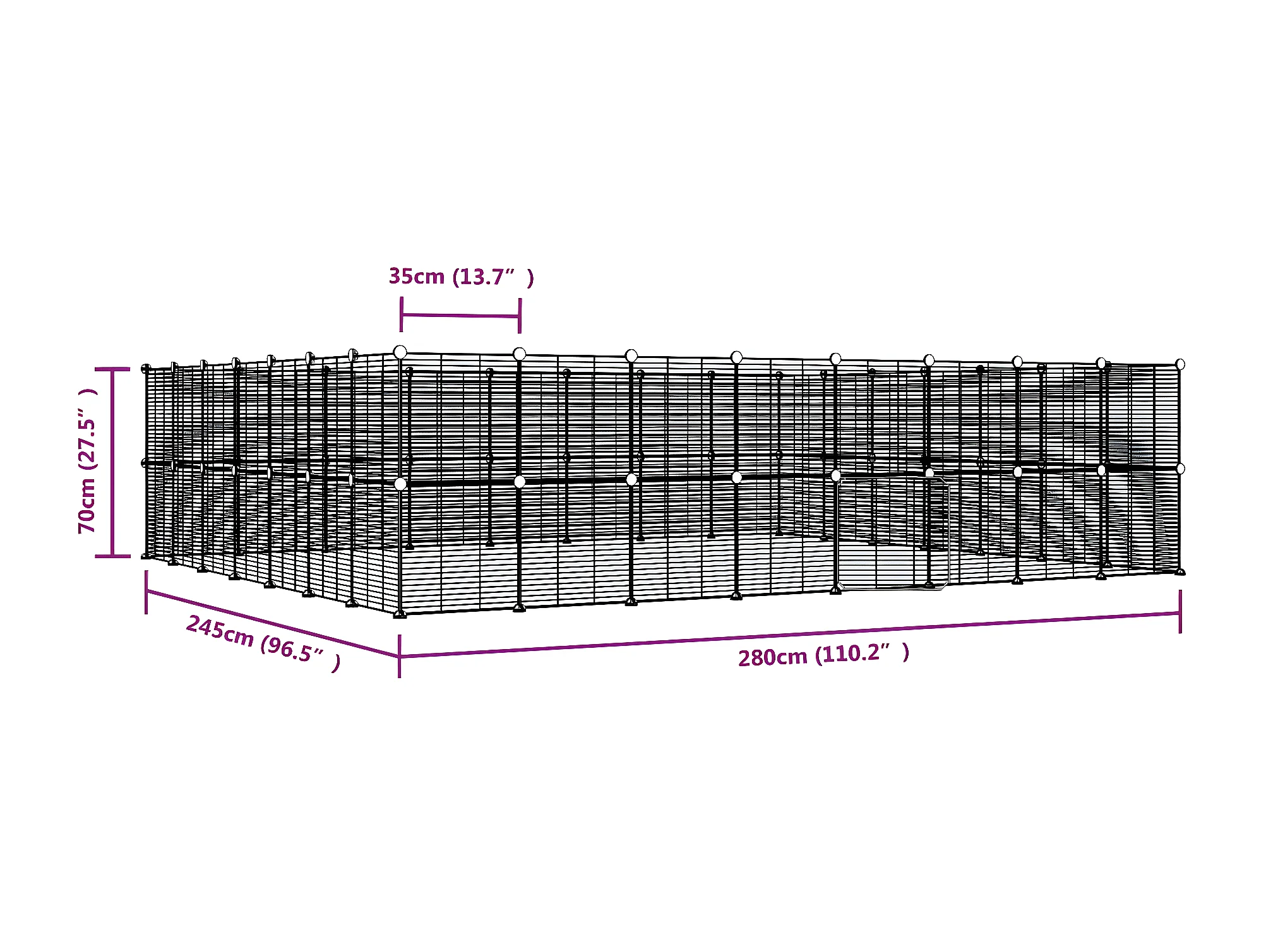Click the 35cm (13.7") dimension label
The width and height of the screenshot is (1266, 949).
click(461, 277)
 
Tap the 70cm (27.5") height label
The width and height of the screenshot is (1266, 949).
click(88, 462)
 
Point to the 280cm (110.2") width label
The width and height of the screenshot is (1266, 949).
click(823, 655)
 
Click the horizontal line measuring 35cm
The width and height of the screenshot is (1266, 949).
click(460, 315)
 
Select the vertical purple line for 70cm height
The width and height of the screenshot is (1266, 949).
click(113, 462)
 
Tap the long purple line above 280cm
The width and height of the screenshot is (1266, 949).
click(789, 635)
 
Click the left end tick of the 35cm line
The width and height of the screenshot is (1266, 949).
click(401, 314)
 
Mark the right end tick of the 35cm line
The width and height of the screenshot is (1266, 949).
click(520, 316)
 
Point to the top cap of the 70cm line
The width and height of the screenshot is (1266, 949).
click(112, 369)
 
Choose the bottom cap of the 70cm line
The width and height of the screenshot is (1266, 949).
click(112, 556)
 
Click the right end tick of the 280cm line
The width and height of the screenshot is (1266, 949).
click(1180, 611)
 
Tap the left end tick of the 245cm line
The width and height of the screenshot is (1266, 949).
click(146, 592)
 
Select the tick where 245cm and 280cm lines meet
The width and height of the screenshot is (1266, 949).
click(400, 657)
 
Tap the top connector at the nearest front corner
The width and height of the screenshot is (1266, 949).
click(400, 352)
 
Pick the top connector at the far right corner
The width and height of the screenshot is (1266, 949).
click(1180, 364)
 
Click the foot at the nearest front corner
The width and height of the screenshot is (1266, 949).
click(400, 614)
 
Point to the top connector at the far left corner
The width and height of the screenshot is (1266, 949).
click(146, 369)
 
